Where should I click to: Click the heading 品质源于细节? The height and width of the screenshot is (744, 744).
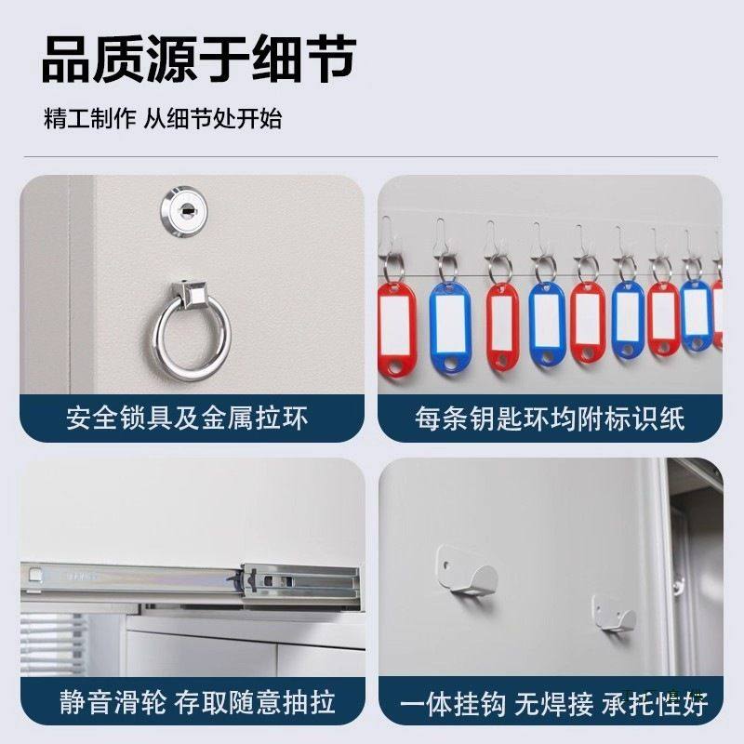coord(198,61)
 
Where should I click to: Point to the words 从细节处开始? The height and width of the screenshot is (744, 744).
coord(213,120)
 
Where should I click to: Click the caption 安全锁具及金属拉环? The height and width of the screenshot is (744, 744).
coord(186,418)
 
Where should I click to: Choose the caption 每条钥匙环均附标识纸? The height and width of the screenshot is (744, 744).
coord(550,418)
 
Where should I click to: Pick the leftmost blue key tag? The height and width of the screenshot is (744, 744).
coord(453,325)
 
